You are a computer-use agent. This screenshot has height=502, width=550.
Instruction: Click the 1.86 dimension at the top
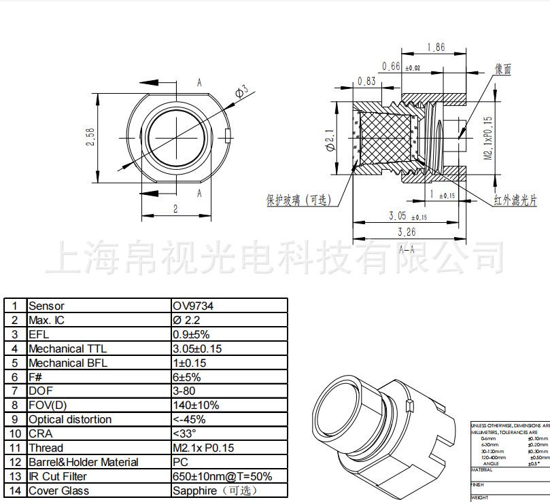pyautogui.click(x=435, y=48)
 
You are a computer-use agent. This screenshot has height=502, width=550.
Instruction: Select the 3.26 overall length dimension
pyautogui.click(x=407, y=232)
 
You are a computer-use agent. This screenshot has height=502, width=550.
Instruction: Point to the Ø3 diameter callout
pyautogui.click(x=241, y=91)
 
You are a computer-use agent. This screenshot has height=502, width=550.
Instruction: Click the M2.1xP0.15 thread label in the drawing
pyautogui.click(x=487, y=136)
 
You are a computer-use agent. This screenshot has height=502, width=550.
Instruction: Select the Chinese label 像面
pyautogui.click(x=503, y=69)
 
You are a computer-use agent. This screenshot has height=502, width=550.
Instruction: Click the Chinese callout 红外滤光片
pyautogui.click(x=514, y=200)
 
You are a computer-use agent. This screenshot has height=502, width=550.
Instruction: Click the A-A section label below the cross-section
pyautogui.click(x=407, y=249)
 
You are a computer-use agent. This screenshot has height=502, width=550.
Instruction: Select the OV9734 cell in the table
pyautogui.click(x=193, y=306)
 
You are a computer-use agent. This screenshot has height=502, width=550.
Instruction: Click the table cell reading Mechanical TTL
pyautogui.click(x=68, y=348)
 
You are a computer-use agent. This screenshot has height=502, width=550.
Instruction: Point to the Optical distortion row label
pyautogui.click(x=70, y=420)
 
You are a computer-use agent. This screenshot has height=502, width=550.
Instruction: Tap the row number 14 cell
pyautogui.click(x=15, y=490)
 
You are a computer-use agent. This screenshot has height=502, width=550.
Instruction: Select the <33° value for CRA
pyautogui.click(x=184, y=433)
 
